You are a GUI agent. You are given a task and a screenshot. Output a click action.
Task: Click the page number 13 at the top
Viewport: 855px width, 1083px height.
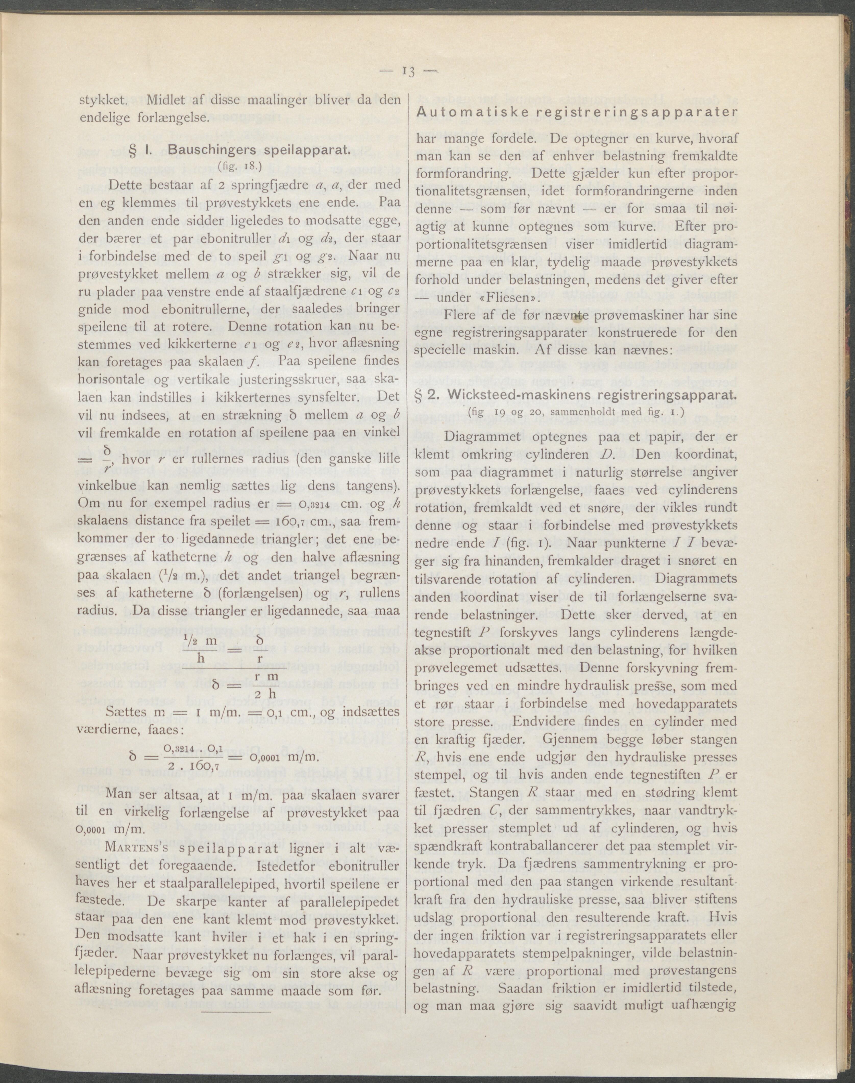[408, 72]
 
